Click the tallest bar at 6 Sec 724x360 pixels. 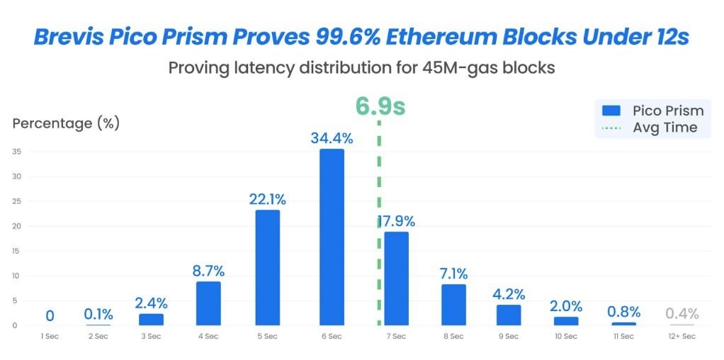332,237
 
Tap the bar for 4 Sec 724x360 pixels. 208,303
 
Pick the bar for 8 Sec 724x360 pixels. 453,304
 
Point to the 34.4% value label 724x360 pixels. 332,139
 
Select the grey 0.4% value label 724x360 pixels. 681,313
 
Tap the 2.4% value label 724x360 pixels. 151,303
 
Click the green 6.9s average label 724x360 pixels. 380,106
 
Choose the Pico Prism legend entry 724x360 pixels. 652,111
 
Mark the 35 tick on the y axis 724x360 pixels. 15,151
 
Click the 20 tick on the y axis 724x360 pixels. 15,226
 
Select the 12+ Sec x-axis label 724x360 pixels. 681,336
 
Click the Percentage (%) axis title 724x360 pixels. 66,123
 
